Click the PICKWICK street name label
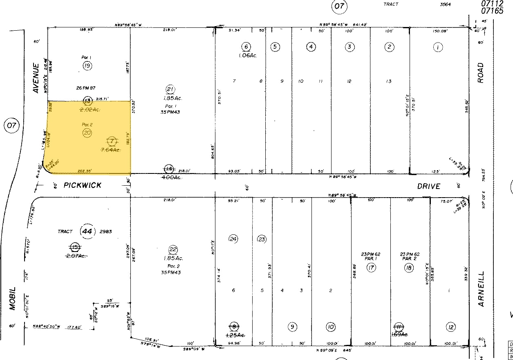tap(83, 185)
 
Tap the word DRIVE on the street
tap(429, 186)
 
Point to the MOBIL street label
tap(12, 298)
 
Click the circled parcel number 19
tap(87, 66)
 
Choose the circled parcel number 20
tap(87, 132)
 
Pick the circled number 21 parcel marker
tap(170, 90)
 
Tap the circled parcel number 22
tap(173, 250)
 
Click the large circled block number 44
tap(87, 231)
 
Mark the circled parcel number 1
tap(438, 47)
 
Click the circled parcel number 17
tap(371, 268)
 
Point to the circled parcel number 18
tap(409, 268)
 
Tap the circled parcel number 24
tap(233, 239)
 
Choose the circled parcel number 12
tap(451, 327)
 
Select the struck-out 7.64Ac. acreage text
tap(110, 150)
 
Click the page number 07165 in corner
tap(492, 11)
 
